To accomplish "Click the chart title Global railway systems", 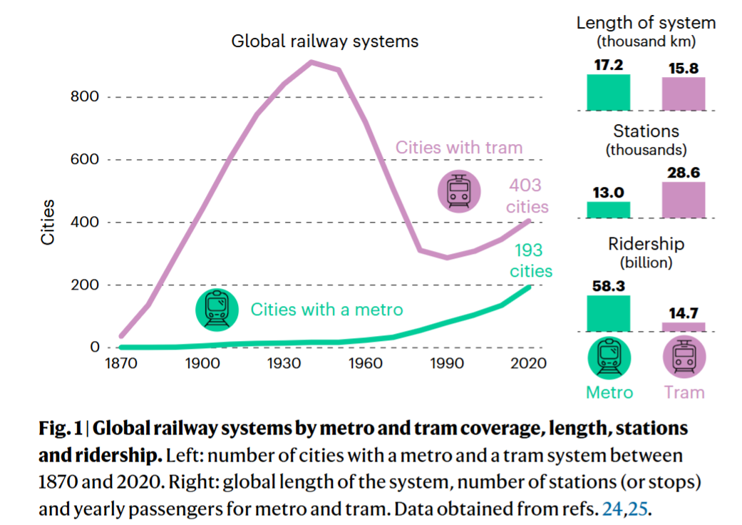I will (x=324, y=41).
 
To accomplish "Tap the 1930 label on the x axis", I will (x=283, y=364).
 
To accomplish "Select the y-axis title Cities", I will (x=48, y=222).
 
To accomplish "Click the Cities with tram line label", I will (x=459, y=148).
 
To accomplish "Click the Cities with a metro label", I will (x=326, y=310).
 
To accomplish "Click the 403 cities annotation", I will (x=528, y=196).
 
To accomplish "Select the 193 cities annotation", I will (x=530, y=260).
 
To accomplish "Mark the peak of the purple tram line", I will (x=312, y=62).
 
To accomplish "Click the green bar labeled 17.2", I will (x=608, y=92).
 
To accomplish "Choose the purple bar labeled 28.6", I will (x=684, y=200).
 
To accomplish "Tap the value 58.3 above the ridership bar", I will (x=608, y=285).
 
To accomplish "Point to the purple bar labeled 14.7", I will (x=684, y=327).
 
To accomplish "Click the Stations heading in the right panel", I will (x=646, y=131).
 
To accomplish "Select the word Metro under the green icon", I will (x=609, y=392).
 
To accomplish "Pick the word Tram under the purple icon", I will (x=684, y=392).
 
